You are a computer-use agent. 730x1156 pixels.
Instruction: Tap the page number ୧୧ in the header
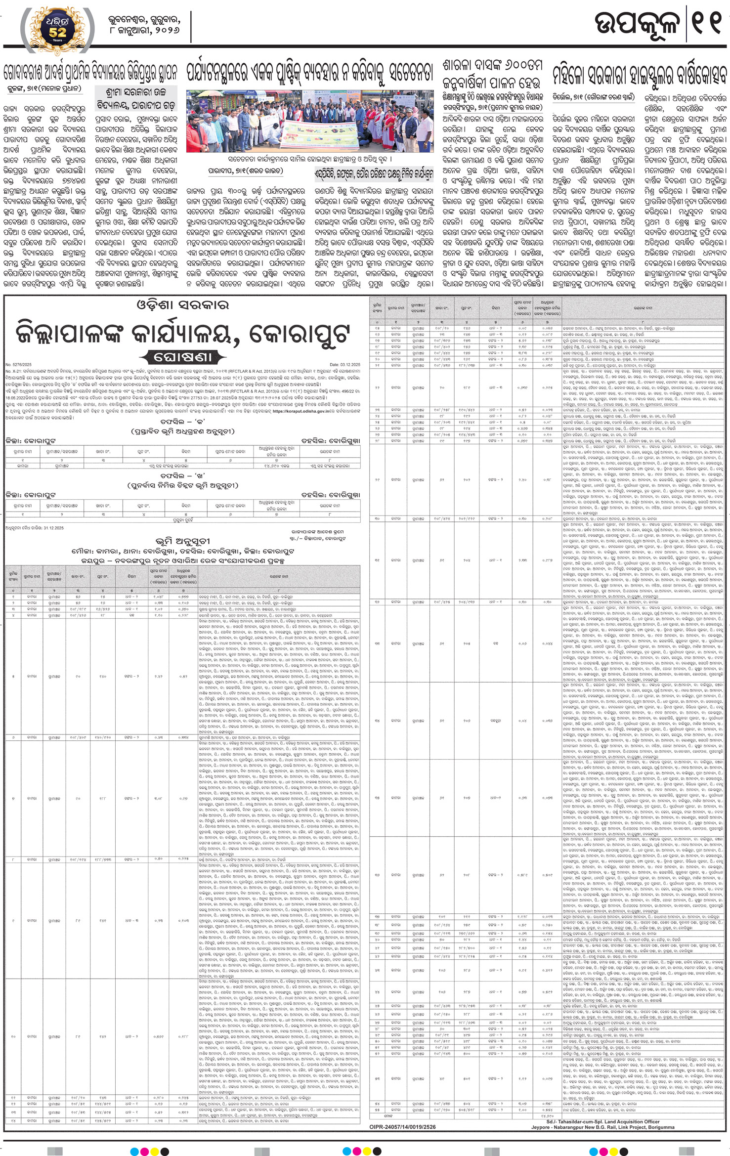(707, 25)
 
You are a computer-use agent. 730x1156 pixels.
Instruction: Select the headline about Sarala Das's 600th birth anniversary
(492, 74)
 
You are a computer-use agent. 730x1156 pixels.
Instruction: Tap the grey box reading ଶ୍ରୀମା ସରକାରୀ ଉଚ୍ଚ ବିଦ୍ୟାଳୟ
(135, 98)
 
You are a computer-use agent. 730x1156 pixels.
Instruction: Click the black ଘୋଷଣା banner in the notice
(183, 356)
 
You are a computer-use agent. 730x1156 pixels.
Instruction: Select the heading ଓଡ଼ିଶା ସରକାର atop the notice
(182, 305)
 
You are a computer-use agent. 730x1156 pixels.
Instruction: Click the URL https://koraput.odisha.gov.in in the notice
(301, 411)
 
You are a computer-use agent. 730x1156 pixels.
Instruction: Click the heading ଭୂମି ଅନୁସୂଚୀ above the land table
(182, 541)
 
